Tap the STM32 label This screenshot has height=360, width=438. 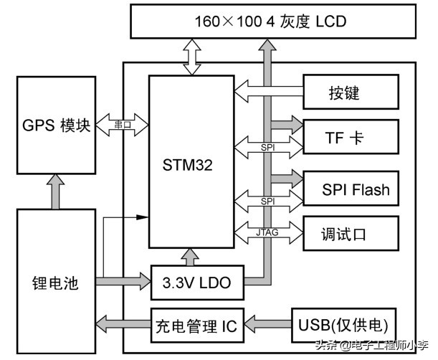tap(189, 166)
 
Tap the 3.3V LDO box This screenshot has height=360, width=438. tap(197, 283)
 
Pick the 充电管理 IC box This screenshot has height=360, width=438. tap(196, 327)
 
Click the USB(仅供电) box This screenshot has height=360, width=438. tap(343, 327)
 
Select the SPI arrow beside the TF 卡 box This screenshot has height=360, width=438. tap(267, 148)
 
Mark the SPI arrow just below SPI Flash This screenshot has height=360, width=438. tap(267, 202)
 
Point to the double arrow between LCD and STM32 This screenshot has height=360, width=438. tap(192, 57)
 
